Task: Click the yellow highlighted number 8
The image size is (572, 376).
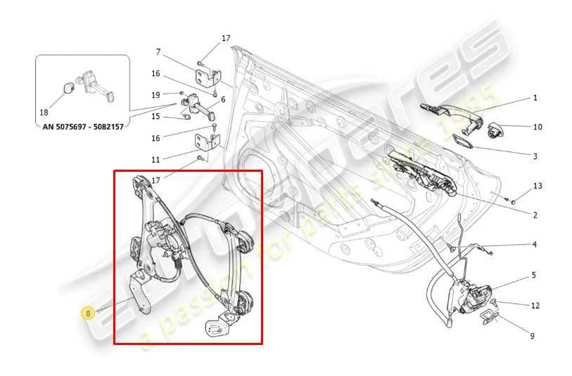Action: pyautogui.click(x=88, y=313)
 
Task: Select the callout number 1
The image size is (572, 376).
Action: pyautogui.click(x=535, y=98)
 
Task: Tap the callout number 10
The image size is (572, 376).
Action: pyautogui.click(x=538, y=127)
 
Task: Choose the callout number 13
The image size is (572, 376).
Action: pyautogui.click(x=538, y=186)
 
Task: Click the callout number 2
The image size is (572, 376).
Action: pyautogui.click(x=535, y=215)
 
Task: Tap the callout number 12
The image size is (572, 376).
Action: pyautogui.click(x=535, y=306)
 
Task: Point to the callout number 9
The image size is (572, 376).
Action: pyautogui.click(x=532, y=336)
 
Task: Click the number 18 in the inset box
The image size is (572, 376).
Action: pyautogui.click(x=44, y=113)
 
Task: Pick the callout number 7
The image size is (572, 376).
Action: pyautogui.click(x=158, y=51)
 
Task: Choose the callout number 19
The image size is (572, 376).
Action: pyautogui.click(x=156, y=94)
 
